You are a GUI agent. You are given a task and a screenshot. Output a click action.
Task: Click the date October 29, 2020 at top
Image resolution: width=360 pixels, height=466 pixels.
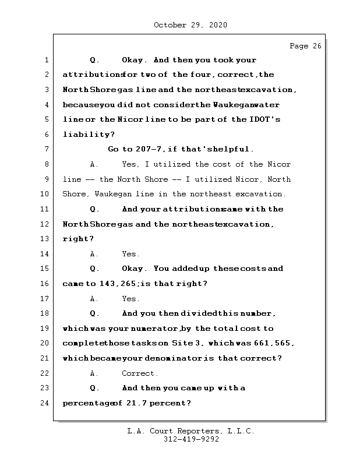click(190, 25)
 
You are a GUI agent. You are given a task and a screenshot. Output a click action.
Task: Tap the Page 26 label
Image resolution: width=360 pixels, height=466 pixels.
click(305, 46)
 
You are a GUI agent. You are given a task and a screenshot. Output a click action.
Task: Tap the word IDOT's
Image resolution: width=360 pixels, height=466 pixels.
click(266, 119)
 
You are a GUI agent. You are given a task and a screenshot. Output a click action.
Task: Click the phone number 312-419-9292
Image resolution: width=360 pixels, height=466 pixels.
click(191, 440)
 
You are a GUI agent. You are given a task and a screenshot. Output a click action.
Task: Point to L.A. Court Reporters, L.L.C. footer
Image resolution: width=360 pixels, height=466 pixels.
click(191, 431)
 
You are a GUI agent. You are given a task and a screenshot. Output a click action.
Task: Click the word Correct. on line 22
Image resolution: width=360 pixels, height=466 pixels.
click(140, 373)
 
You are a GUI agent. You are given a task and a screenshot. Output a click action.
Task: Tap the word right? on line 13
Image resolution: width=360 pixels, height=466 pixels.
click(78, 239)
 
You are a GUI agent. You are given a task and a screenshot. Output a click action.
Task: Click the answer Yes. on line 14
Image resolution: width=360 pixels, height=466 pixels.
click(130, 254)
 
